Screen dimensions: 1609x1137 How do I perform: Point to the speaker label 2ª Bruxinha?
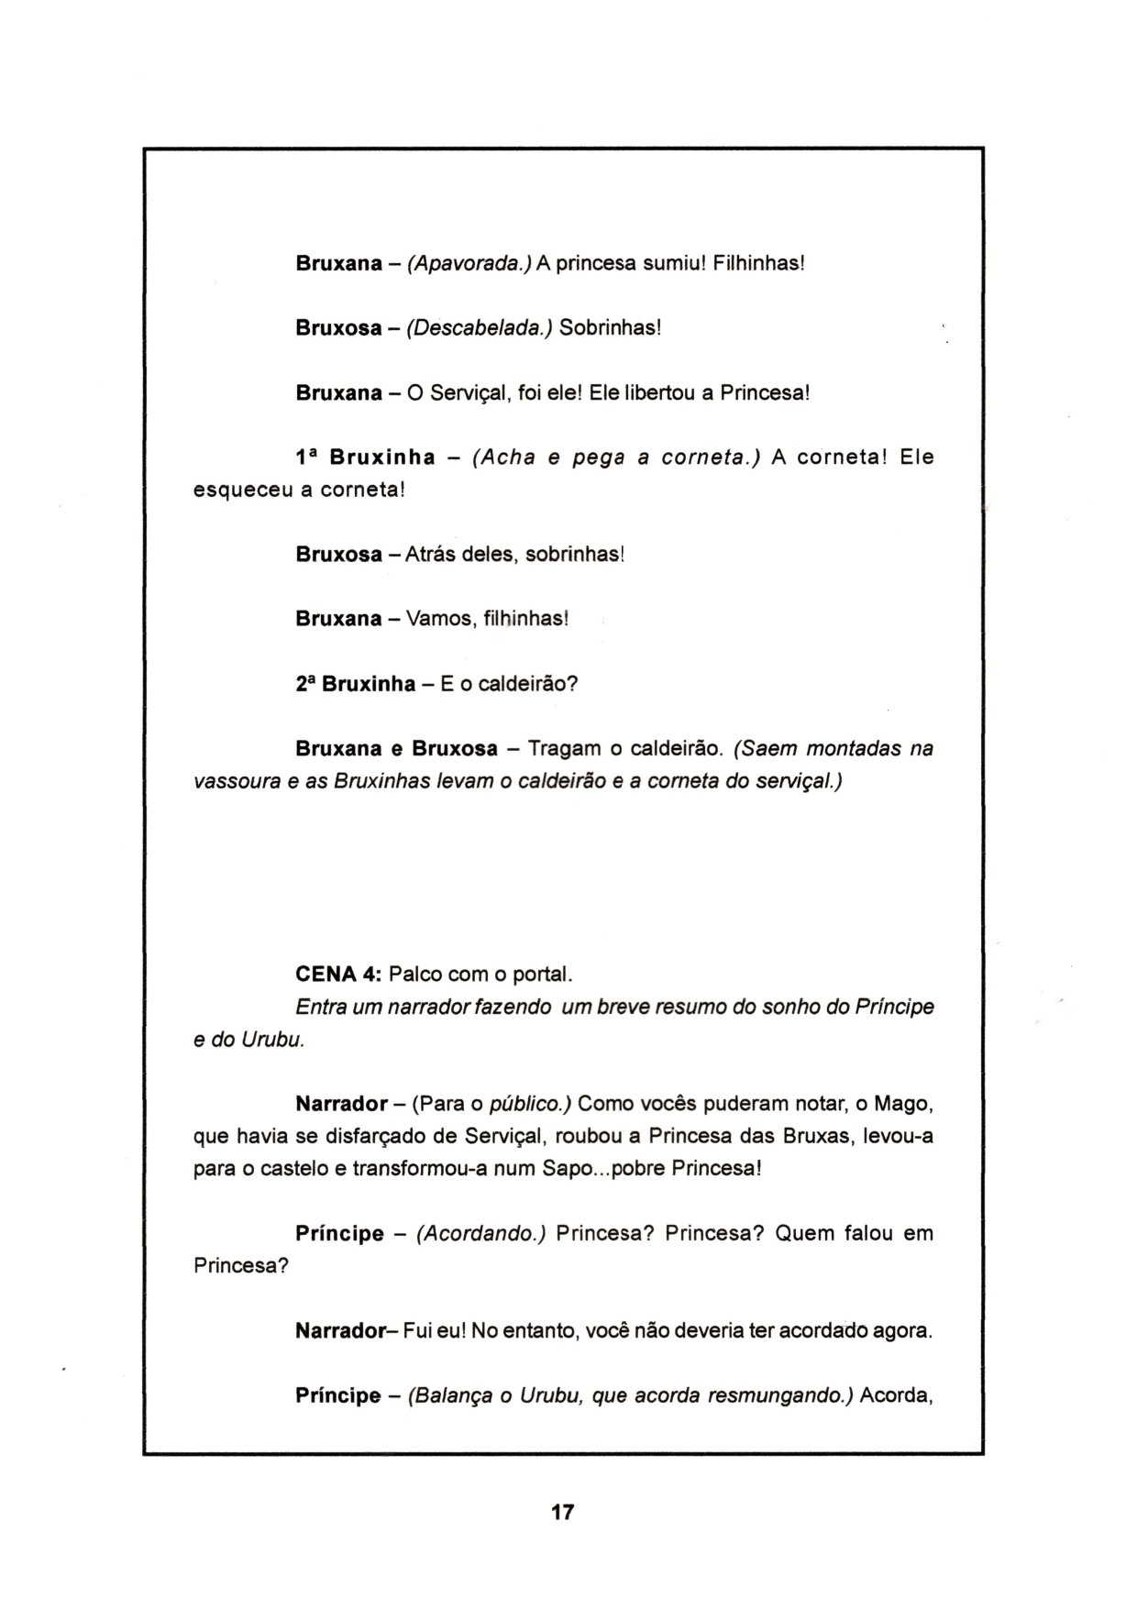356,685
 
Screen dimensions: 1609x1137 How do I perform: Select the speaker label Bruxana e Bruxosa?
396,749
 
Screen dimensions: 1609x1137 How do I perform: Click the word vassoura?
236,782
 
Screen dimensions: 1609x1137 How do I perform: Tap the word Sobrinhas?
610,328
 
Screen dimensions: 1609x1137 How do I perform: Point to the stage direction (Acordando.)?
480,1234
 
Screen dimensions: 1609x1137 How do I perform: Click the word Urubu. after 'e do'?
273,1041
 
